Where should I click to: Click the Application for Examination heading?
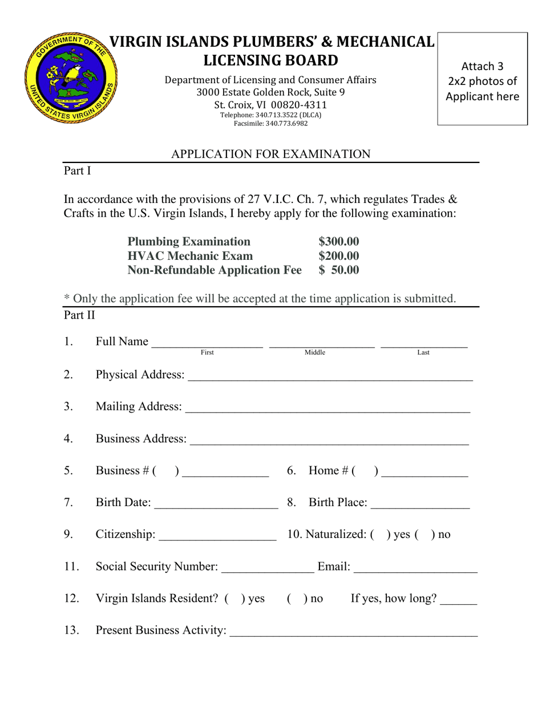[271, 154]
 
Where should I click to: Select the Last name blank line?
[423, 343]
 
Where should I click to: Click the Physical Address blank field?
[329, 377]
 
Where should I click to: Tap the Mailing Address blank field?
[327, 409]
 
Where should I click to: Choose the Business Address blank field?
[329, 441]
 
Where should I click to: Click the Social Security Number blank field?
[267, 568]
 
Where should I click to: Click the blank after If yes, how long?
[459, 600]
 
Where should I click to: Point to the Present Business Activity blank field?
[353, 632]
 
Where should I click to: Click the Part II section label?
[79, 314]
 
